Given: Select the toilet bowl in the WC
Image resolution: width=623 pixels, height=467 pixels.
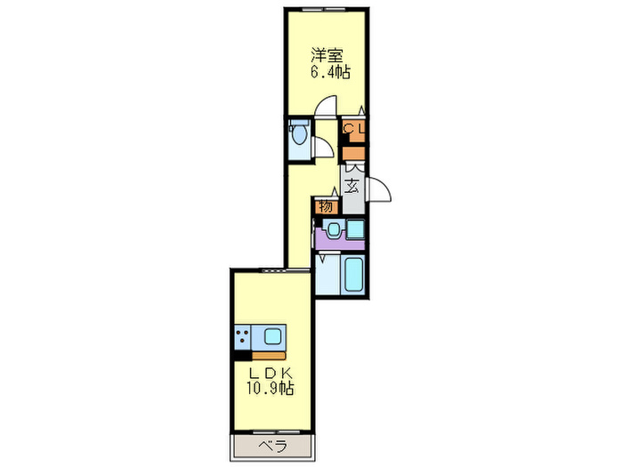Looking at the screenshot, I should tap(298, 135).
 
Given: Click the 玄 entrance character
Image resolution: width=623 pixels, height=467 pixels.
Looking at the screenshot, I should tap(353, 187).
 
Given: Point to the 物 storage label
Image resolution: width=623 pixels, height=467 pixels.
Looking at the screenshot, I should tap(326, 206).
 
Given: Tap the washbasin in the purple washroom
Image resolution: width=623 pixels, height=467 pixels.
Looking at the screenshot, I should tap(333, 229).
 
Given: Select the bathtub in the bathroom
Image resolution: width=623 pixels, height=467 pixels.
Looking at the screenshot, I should tap(354, 276).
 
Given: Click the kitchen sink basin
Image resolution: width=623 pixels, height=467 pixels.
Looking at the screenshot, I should tap(271, 337).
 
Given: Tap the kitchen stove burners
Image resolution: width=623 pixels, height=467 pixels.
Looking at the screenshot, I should tap(243, 337).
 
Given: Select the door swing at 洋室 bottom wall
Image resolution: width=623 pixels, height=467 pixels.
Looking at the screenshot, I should tap(327, 108).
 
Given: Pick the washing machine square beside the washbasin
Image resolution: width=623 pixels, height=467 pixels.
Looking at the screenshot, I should tap(355, 229).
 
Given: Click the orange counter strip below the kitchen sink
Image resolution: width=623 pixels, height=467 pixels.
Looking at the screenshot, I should tap(259, 354).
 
